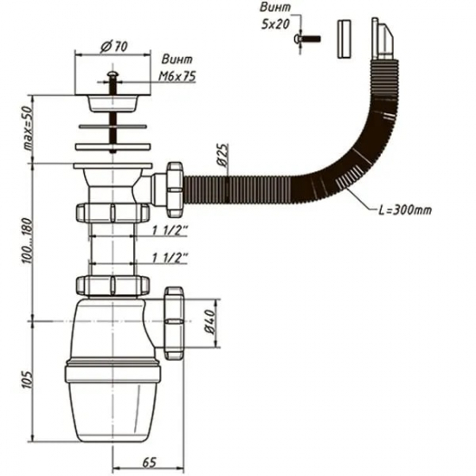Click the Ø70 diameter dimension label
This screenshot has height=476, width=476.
click(110, 45)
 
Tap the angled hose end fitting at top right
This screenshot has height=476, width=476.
click(378, 40)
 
